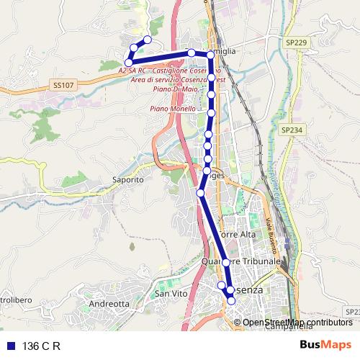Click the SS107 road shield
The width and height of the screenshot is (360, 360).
click(x=63, y=85)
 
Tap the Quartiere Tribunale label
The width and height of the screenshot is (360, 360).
click(x=240, y=261)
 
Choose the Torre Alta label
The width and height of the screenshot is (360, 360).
click(x=237, y=235)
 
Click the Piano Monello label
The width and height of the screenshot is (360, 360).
click(x=173, y=109)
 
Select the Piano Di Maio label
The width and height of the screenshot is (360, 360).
click(x=172, y=89)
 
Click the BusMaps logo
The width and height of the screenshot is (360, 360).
click(x=325, y=345)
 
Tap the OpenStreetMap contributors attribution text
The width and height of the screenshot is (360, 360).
click(x=297, y=322)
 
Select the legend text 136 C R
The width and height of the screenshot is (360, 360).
click(x=41, y=346)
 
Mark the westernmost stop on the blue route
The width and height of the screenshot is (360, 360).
click(x=129, y=63)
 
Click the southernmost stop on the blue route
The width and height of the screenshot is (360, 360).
click(x=231, y=301)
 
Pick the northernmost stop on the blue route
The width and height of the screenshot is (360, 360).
click(x=148, y=40)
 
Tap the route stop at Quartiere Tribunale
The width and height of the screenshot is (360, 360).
click(x=225, y=262)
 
